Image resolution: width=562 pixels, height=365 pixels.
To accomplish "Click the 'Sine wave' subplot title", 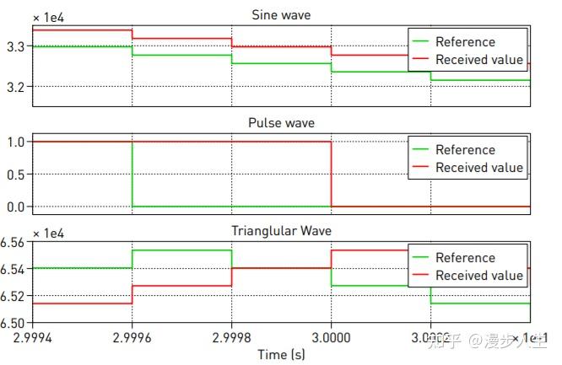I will coord(281,14).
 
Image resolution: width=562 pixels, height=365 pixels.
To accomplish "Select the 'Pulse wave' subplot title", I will coord(281,123).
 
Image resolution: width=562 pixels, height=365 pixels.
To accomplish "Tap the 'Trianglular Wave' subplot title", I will coord(281,231).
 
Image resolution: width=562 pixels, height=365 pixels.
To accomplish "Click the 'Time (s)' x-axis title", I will coord(282,355).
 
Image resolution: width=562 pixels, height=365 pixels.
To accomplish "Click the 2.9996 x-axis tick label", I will coord(132,337).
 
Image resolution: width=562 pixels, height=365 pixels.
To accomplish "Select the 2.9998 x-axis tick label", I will coord(232,337).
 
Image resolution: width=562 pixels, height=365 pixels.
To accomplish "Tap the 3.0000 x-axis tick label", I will coord(332,337).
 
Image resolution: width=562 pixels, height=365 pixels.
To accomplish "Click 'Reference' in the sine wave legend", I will coord(465,42).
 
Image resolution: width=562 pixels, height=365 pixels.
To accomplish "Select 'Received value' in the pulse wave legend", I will coord(478,168).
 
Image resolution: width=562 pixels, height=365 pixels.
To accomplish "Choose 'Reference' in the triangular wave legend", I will coord(465,258).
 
